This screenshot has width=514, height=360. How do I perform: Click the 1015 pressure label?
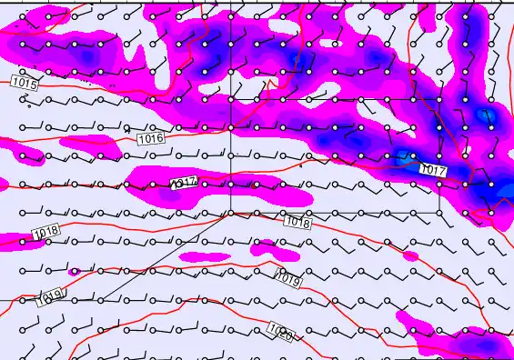[x=25, y=83]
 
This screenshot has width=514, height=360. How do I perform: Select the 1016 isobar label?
[x=151, y=139]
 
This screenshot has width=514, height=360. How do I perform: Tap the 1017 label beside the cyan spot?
[x=433, y=170]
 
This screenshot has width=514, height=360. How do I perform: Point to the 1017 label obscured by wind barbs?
[x=184, y=183]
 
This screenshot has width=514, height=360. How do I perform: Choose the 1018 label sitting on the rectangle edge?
[x=297, y=222]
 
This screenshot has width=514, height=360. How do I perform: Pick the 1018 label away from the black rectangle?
[x=44, y=232]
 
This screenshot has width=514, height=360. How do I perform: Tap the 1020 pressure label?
[x=281, y=333]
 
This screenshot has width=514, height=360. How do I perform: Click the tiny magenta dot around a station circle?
[x=76, y=271]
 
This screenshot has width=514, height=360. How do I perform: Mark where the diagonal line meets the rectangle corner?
[x=230, y=212]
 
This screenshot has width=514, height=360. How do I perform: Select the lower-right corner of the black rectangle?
[x=439, y=212]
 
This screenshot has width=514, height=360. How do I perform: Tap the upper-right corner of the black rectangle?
[x=439, y=99]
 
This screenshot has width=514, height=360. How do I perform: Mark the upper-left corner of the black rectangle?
[x=230, y=99]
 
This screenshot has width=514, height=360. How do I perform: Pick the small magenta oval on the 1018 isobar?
[x=265, y=246]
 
